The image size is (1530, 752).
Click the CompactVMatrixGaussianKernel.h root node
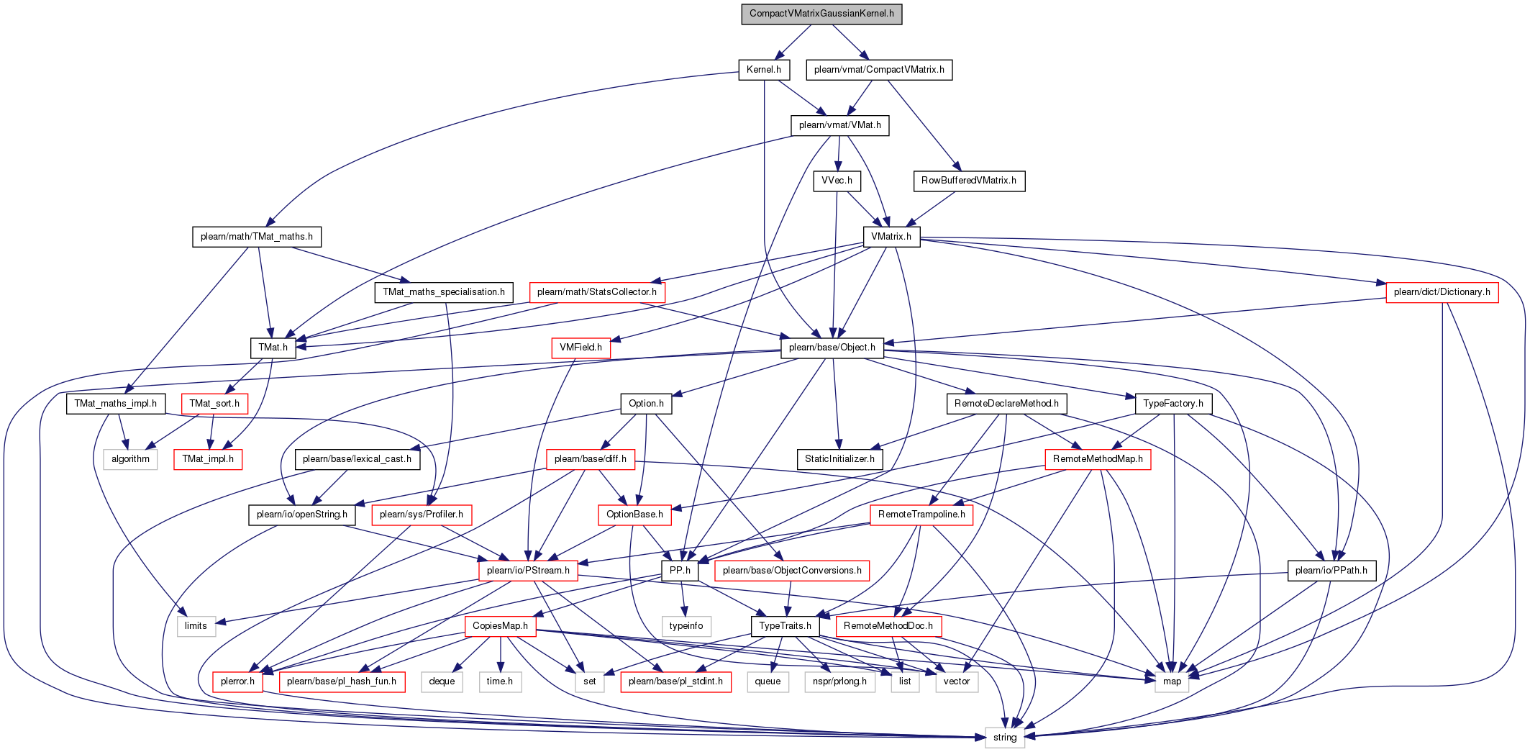point(821,14)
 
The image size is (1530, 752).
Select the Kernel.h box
point(763,70)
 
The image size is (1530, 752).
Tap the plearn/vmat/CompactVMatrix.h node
point(879,70)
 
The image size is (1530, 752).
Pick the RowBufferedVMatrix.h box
point(969,181)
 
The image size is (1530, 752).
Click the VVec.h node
point(837,181)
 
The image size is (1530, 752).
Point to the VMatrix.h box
point(891,237)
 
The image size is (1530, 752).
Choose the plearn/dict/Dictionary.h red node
point(1442,292)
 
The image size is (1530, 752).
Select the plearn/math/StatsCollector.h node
point(596,292)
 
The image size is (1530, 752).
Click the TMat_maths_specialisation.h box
point(444,292)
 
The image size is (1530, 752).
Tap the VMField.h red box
point(580,348)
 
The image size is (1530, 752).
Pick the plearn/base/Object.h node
point(832,348)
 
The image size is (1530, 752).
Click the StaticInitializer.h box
point(839,459)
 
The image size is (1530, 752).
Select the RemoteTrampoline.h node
point(921,515)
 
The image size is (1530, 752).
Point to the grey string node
point(1005,738)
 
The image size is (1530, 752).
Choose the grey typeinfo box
point(686,626)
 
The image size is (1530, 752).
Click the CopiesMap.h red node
point(500,626)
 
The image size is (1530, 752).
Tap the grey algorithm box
point(130,459)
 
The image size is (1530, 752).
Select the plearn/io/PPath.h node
point(1331,571)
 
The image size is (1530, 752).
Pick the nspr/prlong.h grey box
point(839,681)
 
